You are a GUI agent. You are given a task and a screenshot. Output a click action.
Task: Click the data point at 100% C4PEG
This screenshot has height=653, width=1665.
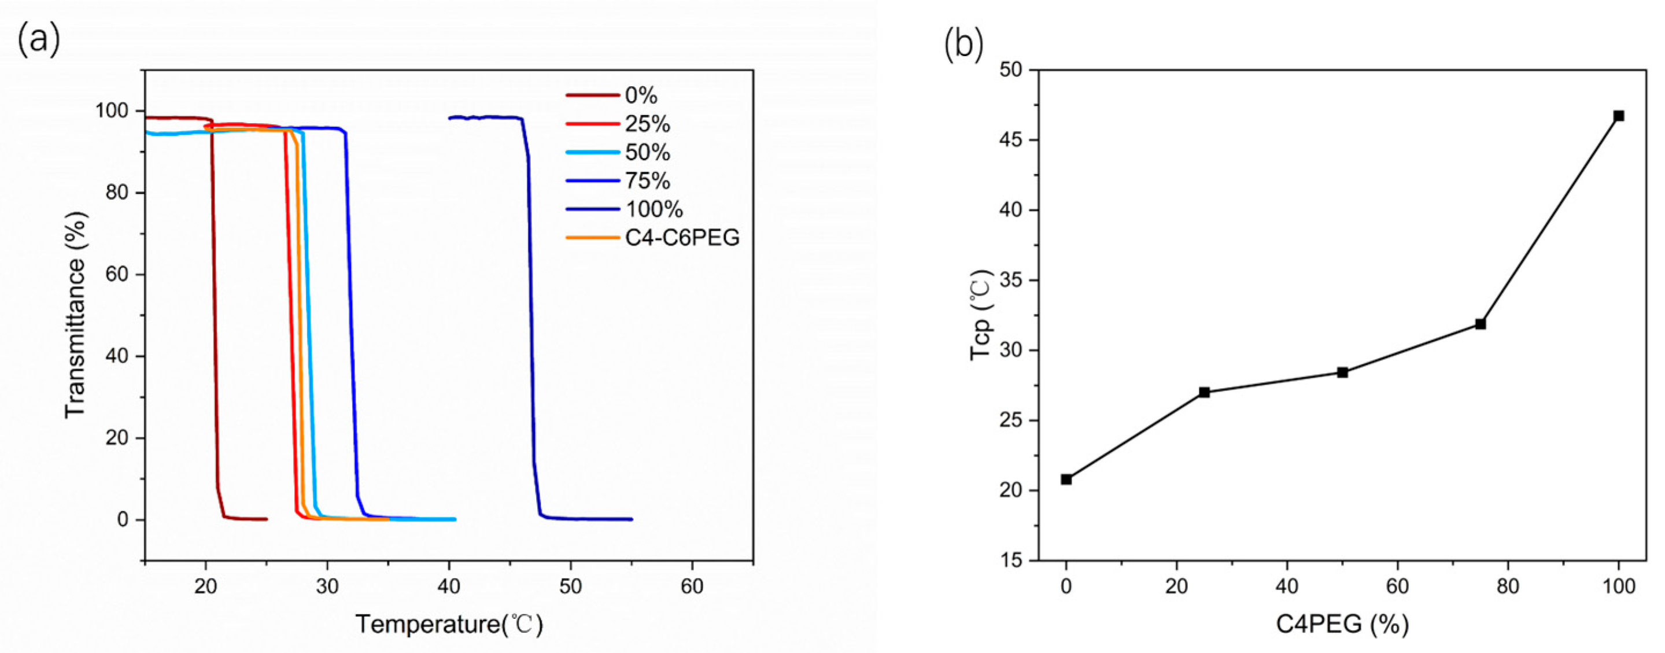(x=1619, y=116)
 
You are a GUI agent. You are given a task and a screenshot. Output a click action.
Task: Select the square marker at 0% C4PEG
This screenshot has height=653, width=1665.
(x=1066, y=479)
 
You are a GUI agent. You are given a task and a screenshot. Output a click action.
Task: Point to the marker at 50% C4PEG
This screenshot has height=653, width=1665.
(x=1342, y=372)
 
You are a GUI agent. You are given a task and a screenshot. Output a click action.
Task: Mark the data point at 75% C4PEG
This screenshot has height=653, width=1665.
(x=1480, y=324)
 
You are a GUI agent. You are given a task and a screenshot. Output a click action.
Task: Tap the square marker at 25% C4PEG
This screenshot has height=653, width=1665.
(x=1204, y=393)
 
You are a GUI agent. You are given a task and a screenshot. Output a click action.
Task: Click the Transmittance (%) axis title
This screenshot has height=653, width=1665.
(x=75, y=315)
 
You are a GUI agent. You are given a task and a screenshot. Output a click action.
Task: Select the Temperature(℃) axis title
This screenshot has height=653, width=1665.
(x=449, y=625)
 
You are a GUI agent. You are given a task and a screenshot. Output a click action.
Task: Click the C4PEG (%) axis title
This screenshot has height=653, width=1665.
(x=1342, y=625)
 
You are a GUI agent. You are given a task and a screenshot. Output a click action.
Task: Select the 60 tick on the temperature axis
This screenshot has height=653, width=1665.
(x=692, y=587)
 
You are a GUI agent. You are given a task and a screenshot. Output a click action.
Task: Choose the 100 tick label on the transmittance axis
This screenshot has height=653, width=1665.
(x=111, y=111)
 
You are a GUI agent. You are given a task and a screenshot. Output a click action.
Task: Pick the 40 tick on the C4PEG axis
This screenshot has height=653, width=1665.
(x=1287, y=587)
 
